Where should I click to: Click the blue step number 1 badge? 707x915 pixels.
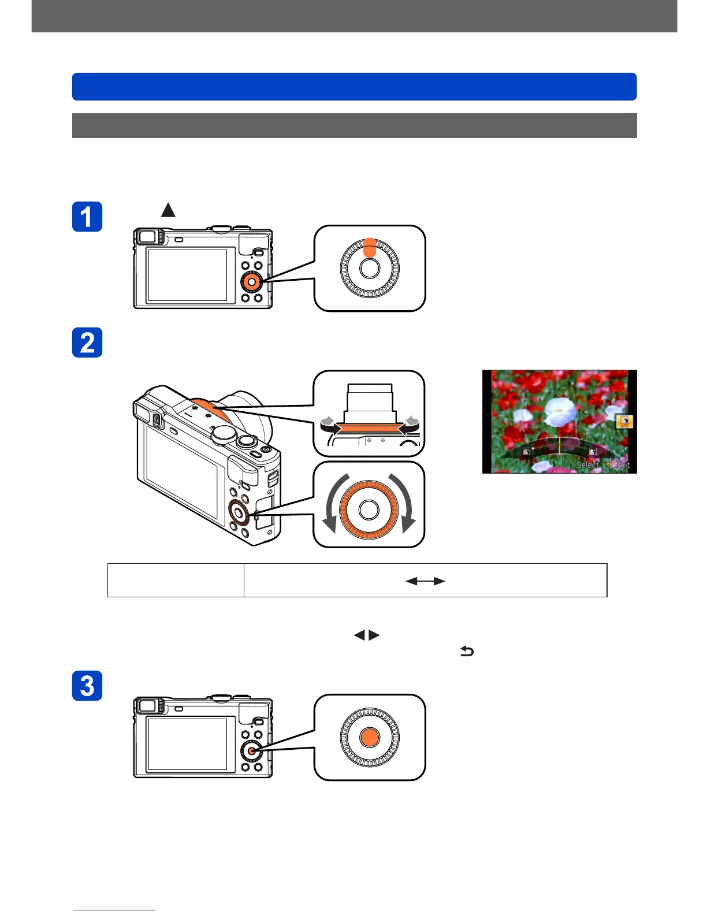(87, 217)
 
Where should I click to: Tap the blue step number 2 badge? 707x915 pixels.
(87, 343)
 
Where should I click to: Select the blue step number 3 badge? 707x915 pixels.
(87, 686)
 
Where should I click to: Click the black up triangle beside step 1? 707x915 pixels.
(168, 210)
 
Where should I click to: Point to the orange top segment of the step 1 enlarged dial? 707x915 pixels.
(370, 247)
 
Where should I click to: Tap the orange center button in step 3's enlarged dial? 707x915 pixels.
(369, 737)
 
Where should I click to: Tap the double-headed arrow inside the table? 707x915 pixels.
(425, 581)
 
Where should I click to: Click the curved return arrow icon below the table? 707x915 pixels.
(467, 652)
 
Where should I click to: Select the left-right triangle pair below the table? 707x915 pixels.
(367, 635)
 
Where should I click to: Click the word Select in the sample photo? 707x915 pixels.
(587, 464)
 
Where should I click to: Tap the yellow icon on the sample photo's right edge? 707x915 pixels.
(624, 422)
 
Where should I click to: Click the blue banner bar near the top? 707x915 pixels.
(354, 87)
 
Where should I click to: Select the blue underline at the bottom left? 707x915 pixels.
(114, 910)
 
